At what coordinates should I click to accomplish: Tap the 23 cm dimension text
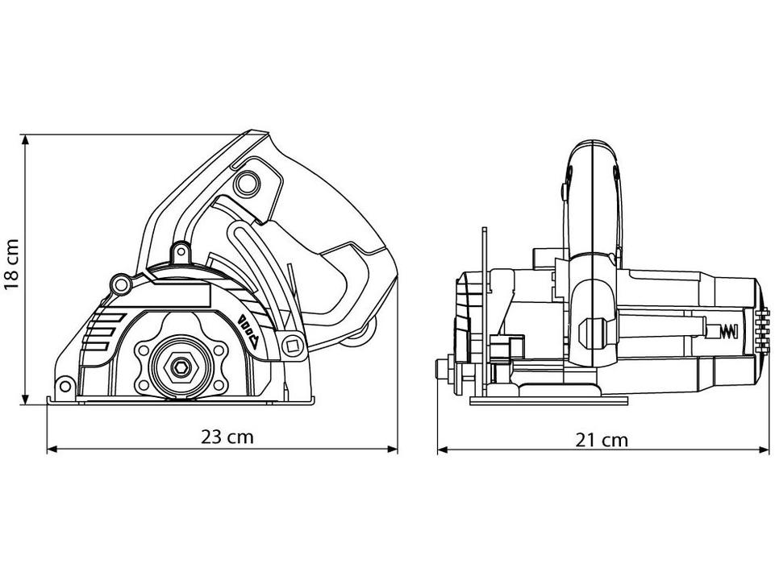coord(227,437)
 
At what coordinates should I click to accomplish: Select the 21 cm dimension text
coord(602,439)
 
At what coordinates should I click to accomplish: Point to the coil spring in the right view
coord(728,329)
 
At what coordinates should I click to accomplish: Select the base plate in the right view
coord(548,400)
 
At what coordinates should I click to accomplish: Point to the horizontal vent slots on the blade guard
coord(98,330)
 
